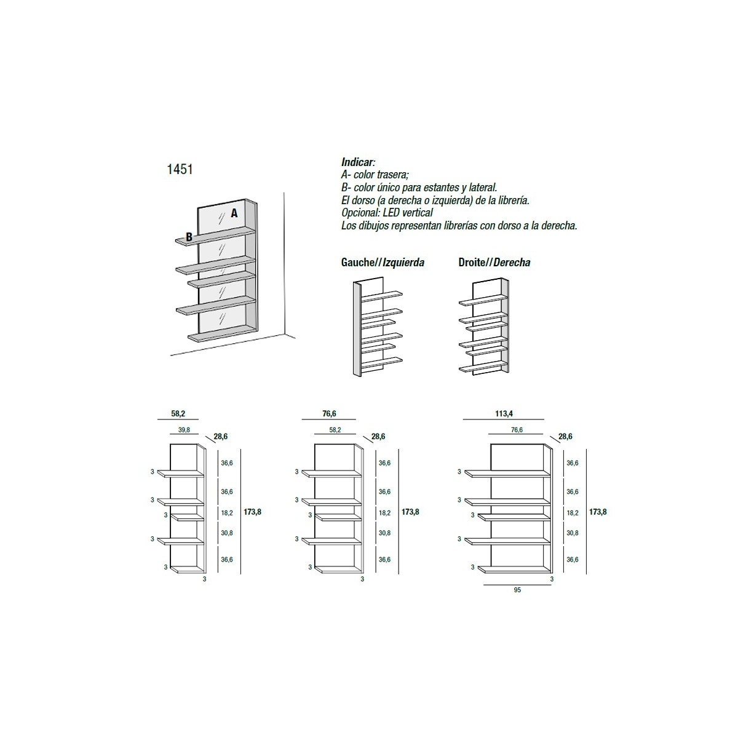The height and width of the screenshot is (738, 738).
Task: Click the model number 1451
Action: coord(180,169)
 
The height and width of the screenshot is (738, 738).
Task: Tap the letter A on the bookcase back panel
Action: coord(234,213)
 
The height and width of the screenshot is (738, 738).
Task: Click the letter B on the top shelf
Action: coord(189,237)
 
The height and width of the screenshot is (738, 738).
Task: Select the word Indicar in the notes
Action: coord(357,162)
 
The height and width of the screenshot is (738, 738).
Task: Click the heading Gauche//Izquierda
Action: coord(383,263)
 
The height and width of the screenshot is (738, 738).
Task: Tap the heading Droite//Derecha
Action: coord(494,263)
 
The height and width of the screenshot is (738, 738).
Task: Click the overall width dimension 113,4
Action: coord(504,414)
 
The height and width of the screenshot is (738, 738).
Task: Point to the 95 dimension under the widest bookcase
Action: coord(517,590)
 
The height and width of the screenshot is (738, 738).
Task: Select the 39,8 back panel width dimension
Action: coord(184,430)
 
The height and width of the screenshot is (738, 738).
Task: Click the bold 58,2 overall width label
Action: coord(178,414)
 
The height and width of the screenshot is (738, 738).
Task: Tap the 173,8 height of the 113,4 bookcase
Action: coord(598,512)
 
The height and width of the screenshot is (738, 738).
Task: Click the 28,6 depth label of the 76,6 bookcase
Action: coord(378,437)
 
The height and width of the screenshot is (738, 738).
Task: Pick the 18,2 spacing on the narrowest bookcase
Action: coord(227,513)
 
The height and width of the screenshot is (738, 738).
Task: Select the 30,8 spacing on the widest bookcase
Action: coord(573,533)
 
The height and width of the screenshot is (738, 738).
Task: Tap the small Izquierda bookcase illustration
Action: coord(378,327)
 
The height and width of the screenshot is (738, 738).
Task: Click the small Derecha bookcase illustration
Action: coord(485,327)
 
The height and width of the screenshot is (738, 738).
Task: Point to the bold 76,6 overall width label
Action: coord(329,414)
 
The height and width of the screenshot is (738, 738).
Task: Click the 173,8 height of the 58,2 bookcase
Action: coord(252,512)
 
